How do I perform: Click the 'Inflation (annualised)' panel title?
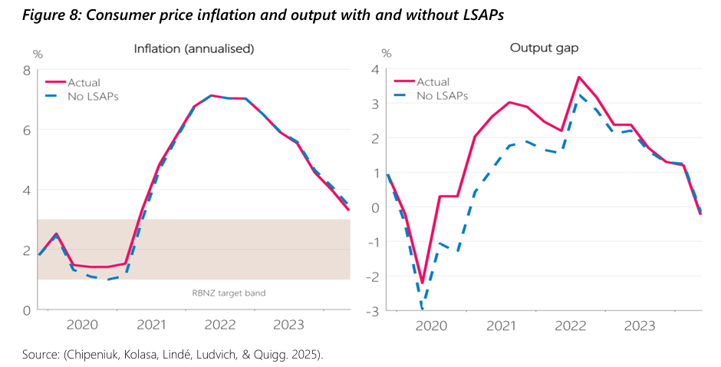[x=193, y=48]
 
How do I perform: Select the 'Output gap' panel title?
[x=544, y=48]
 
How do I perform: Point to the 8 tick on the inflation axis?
[x=26, y=71]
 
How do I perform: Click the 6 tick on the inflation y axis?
[x=26, y=131]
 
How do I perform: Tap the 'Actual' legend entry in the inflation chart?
[x=84, y=83]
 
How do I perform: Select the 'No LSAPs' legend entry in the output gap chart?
[x=443, y=96]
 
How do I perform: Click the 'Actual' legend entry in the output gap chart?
[x=433, y=82]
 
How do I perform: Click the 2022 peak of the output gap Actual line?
[x=579, y=77]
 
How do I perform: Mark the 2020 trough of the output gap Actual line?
[x=422, y=283]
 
